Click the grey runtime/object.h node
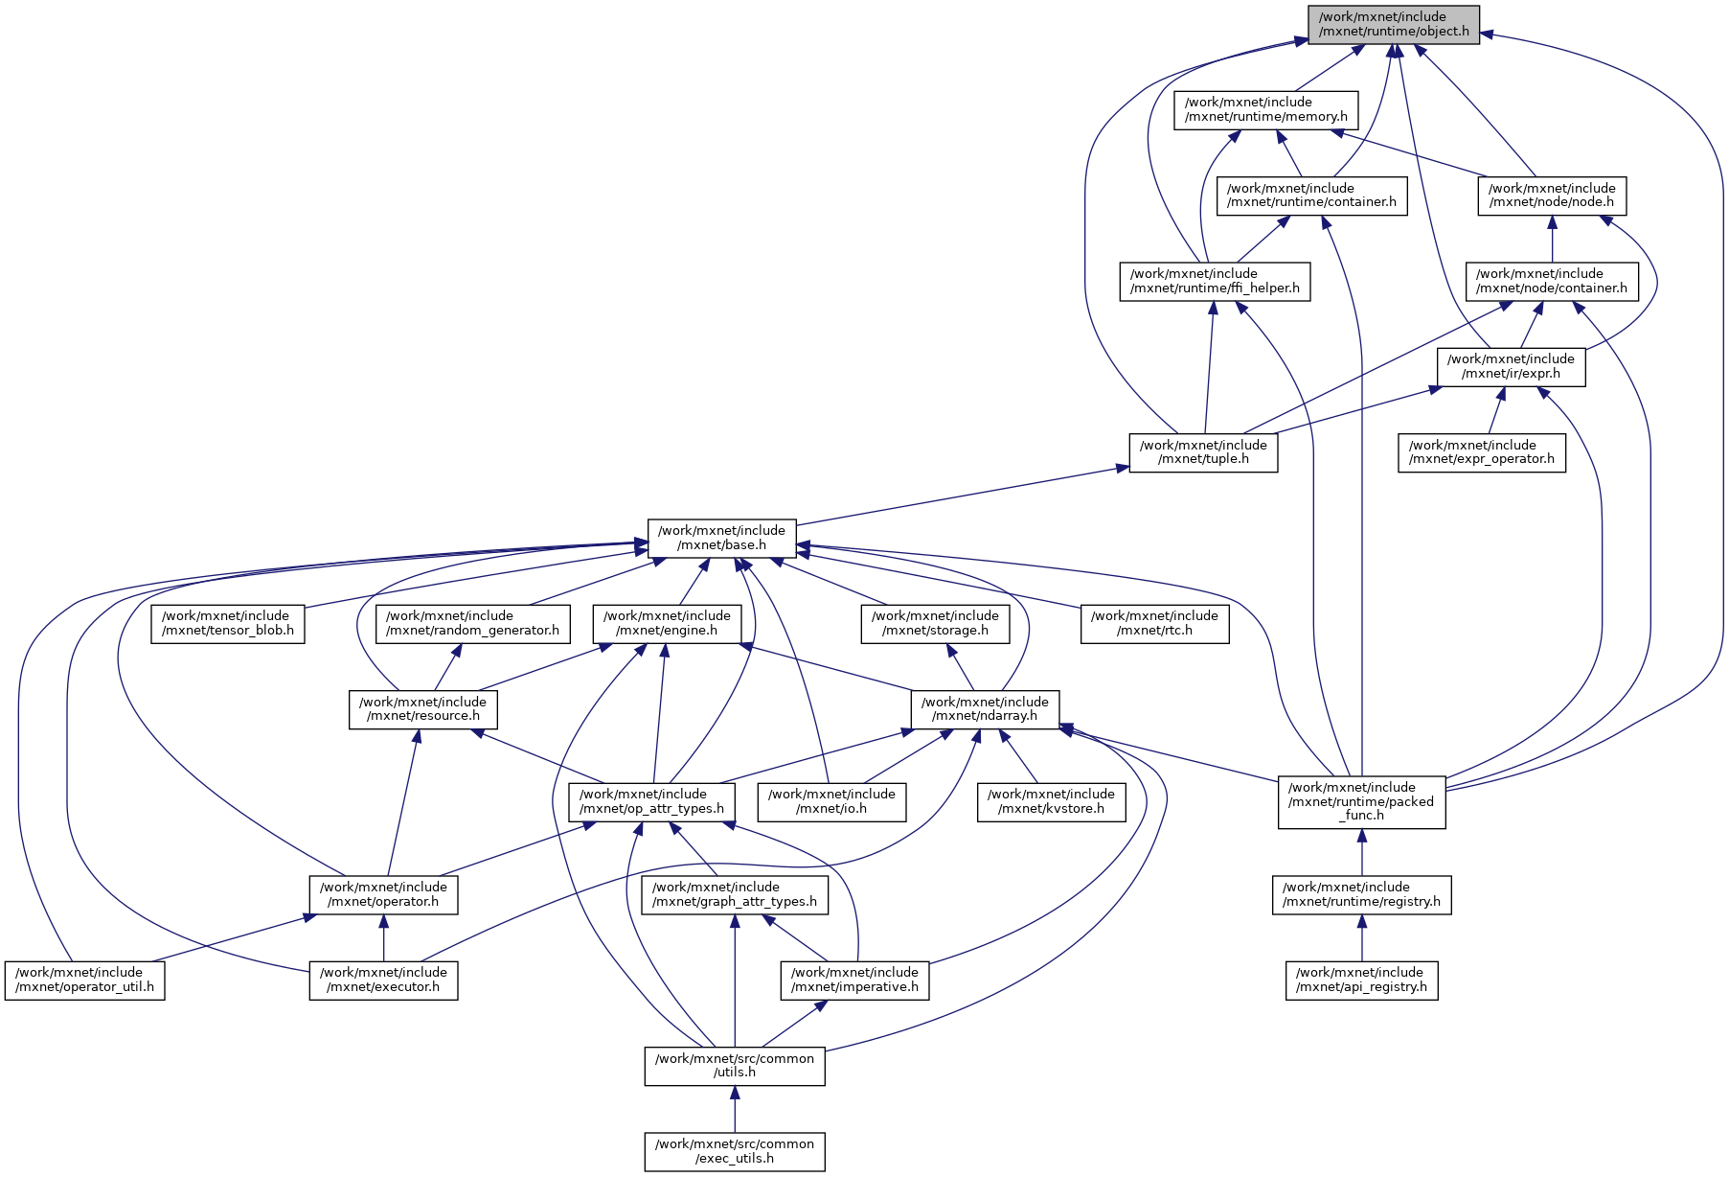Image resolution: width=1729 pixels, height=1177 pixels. tap(1394, 24)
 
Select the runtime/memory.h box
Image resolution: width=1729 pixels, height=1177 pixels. tap(1265, 109)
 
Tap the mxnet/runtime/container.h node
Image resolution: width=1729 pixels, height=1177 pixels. tap(1311, 196)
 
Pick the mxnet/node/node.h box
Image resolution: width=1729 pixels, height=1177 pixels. tap(1551, 196)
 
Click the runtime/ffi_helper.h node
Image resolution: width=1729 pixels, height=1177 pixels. tap(1215, 281)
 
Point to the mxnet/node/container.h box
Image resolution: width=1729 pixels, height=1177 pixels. tap(1551, 281)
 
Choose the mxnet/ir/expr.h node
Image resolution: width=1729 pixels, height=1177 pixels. tap(1511, 366)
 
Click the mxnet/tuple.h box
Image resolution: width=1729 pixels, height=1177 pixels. tap(1203, 452)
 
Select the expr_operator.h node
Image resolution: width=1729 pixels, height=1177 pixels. tap(1481, 452)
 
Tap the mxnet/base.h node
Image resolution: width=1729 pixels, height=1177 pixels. tap(721, 538)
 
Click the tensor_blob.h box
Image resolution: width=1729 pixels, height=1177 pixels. tap(227, 623)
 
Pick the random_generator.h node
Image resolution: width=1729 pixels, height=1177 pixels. tap(472, 623)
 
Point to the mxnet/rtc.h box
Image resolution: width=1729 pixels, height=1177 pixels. tap(1154, 623)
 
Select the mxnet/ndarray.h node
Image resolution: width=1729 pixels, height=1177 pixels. tap(985, 708)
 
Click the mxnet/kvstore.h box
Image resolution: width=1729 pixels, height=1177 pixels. tap(1051, 801)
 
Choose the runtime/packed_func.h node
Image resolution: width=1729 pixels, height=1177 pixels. tap(1361, 801)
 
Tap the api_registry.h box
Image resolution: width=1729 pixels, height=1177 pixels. tap(1361, 980)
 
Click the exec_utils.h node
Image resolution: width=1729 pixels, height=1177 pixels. tap(734, 1151)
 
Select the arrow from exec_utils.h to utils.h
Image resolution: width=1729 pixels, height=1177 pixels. tap(735, 1109)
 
